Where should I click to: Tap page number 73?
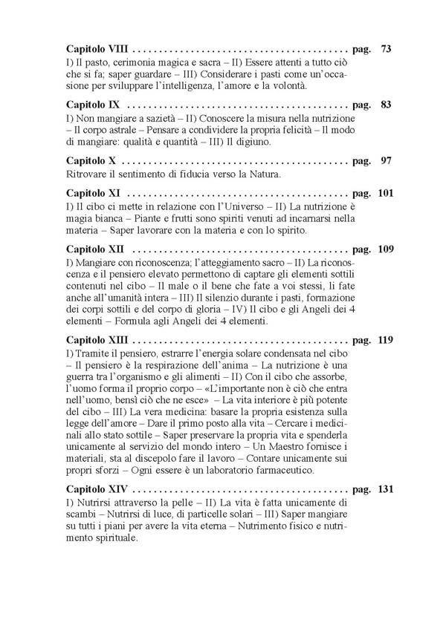pos(386,50)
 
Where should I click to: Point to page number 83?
pos(386,105)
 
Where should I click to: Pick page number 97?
pos(386,160)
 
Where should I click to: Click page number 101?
pos(384,194)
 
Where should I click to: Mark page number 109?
pos(384,249)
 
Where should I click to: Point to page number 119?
pos(384,341)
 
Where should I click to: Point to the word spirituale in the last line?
pos(111,537)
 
